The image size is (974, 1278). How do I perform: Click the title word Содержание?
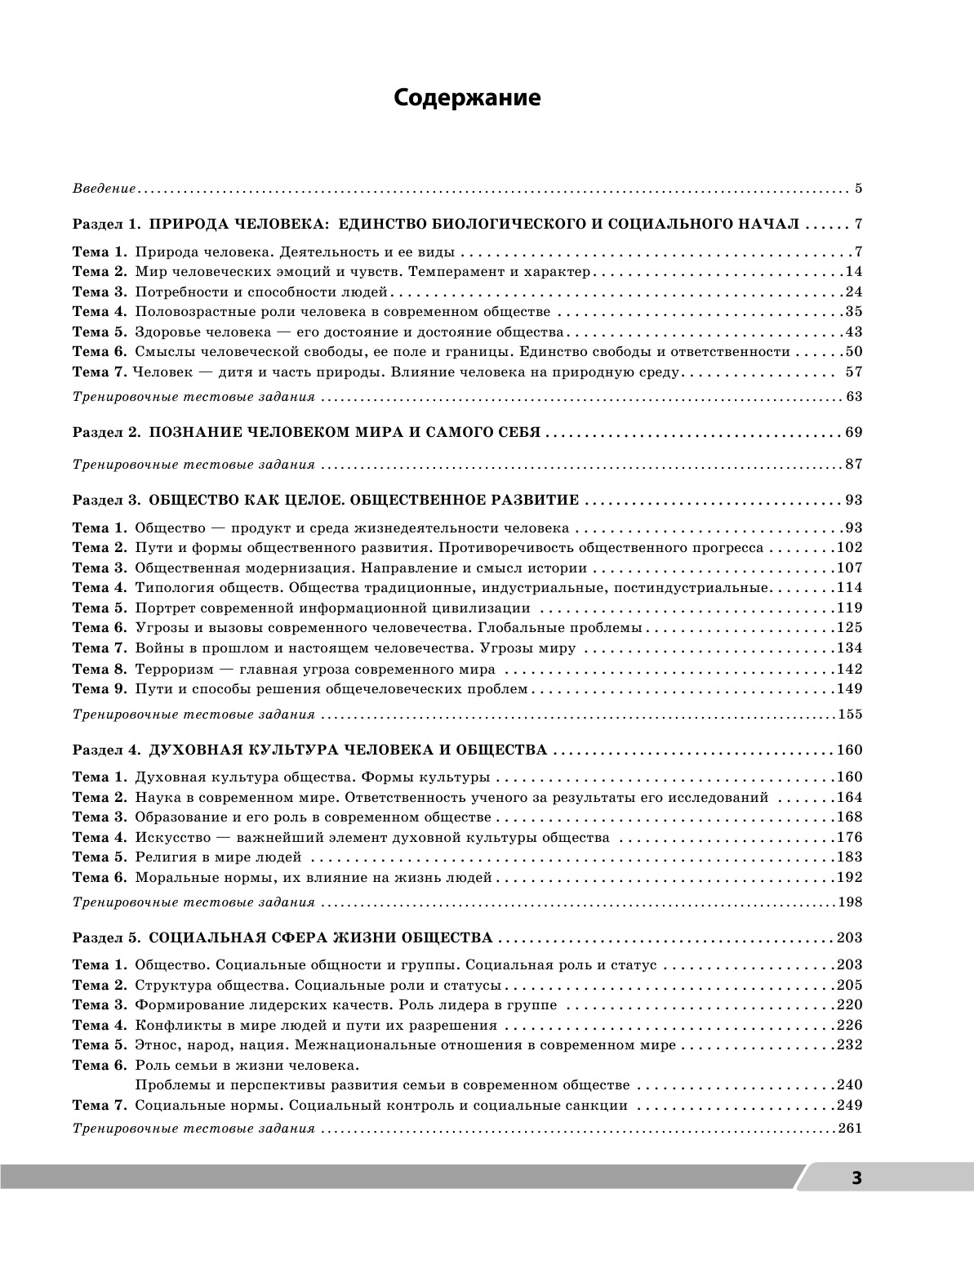point(467,98)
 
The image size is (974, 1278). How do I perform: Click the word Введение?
point(104,189)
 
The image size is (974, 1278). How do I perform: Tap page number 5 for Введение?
point(858,189)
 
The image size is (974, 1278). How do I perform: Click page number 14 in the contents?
point(854,272)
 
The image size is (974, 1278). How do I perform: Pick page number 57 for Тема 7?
point(854,372)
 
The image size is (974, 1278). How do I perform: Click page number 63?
point(854,397)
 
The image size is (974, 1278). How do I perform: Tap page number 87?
point(854,465)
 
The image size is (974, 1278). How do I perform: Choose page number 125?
point(850,628)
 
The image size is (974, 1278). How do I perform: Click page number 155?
point(850,715)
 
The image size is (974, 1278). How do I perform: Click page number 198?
point(850,902)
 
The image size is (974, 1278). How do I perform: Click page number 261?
point(850,1129)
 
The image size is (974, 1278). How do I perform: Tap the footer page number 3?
point(856,1178)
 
